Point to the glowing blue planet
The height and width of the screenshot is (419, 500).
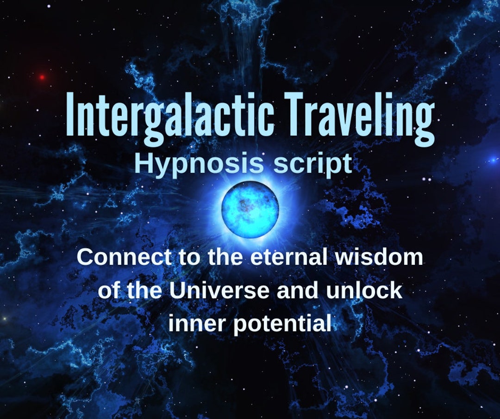pos(250,209)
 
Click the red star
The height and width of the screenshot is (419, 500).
pos(42,77)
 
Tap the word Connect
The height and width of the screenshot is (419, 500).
pos(124,257)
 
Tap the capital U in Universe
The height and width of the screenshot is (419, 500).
pos(178,290)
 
